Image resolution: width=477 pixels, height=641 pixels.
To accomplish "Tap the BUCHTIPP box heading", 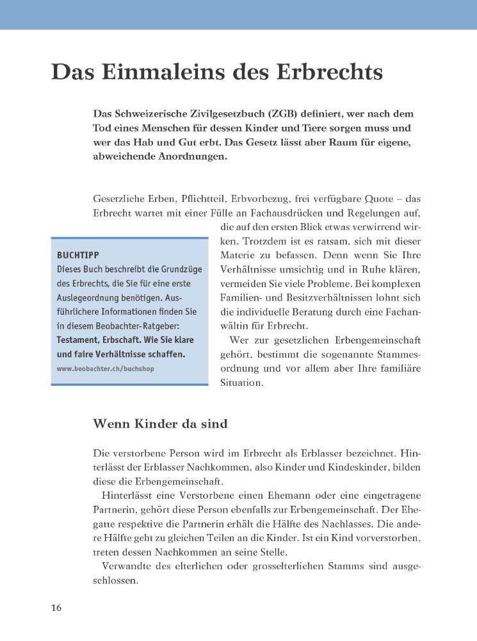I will pyautogui.click(x=78, y=254).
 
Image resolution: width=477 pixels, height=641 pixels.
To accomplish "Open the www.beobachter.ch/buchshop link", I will pyautogui.click(x=105, y=369).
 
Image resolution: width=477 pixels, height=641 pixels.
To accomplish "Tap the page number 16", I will pyautogui.click(x=56, y=608).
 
